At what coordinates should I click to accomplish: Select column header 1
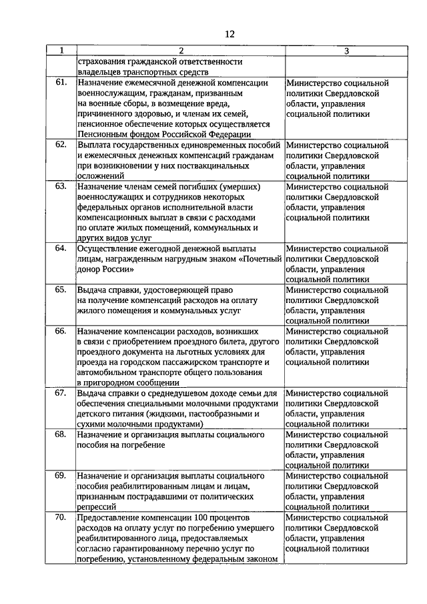pyautogui.click(x=61, y=51)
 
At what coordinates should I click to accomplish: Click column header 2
pyautogui.click(x=180, y=51)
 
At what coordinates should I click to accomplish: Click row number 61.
pyautogui.click(x=61, y=83)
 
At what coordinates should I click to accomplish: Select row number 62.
pyautogui.click(x=61, y=144)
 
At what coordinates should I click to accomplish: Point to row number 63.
pyautogui.click(x=61, y=186)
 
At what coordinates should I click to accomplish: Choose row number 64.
pyautogui.click(x=61, y=248)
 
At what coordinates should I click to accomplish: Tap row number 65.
pyautogui.click(x=61, y=290)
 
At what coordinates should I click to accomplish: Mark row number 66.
pyautogui.click(x=61, y=331)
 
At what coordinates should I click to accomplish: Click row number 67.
pyautogui.click(x=61, y=393)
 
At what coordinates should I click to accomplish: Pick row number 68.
pyautogui.click(x=61, y=434)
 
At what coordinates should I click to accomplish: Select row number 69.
pyautogui.click(x=61, y=476)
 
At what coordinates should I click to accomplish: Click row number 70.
pyautogui.click(x=61, y=517)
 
